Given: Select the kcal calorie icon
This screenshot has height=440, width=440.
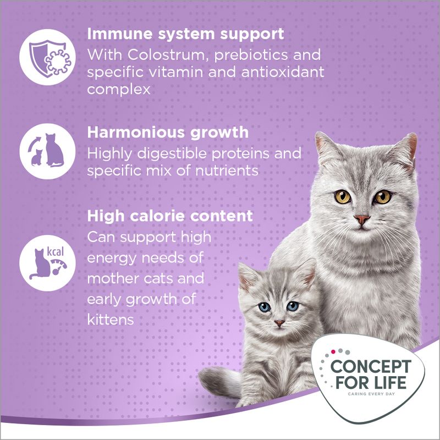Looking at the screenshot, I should pos(47,258).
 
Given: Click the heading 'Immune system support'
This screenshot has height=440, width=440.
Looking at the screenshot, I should pos(185,34).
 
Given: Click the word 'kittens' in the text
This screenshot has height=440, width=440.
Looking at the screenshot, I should pos(111,319).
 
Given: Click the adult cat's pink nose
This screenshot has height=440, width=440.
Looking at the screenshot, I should pos(361,219).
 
